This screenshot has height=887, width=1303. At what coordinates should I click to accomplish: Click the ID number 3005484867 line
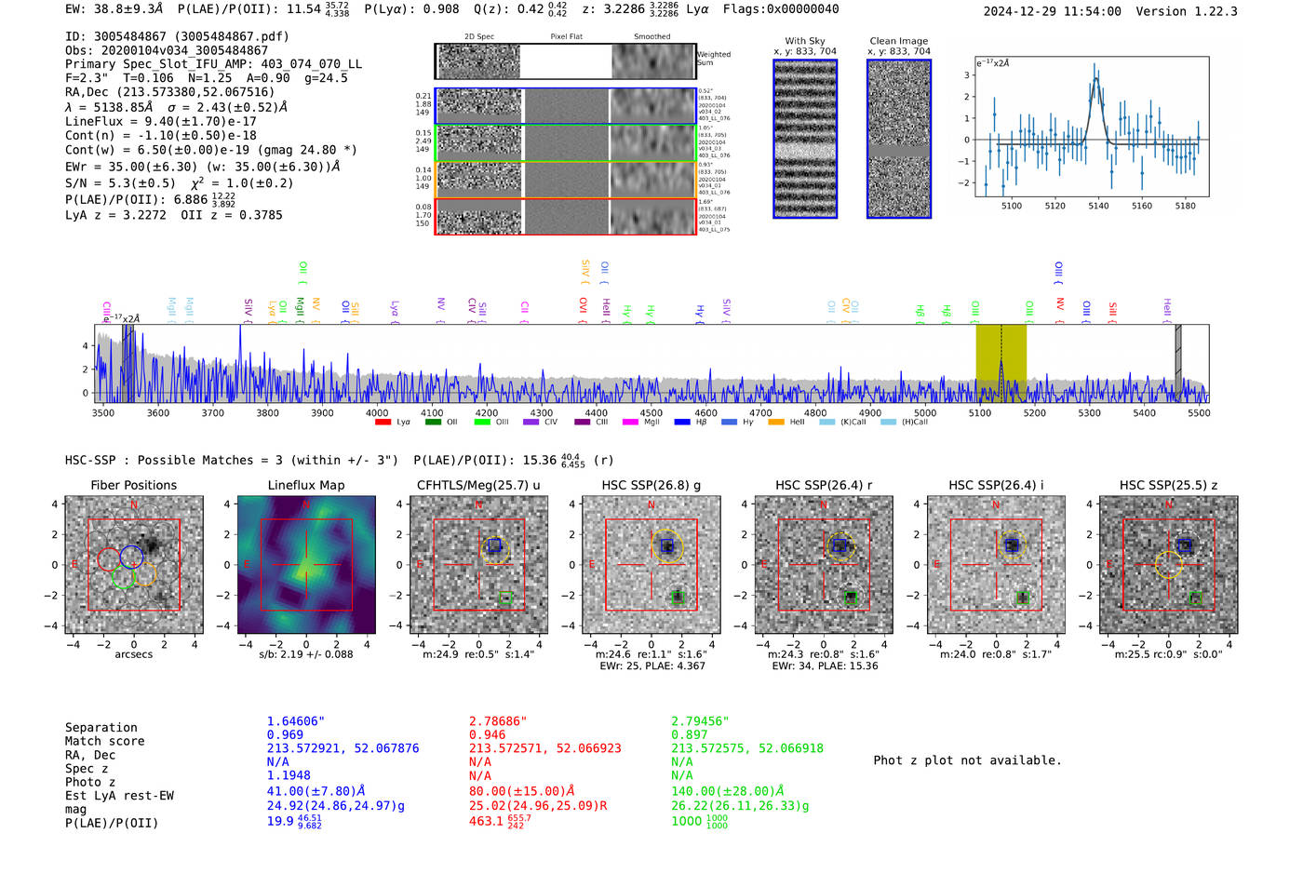177,36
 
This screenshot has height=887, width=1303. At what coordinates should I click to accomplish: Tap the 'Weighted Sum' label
713,59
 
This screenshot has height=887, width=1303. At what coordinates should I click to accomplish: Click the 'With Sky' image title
804,41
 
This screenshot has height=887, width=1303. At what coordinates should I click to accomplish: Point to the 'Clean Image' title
898,41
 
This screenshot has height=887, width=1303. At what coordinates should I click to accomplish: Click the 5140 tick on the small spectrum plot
1098,206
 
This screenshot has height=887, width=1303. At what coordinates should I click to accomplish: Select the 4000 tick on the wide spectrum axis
377,412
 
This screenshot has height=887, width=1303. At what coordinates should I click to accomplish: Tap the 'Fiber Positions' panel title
133,485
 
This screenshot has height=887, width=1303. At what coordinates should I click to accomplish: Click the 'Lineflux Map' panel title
305,485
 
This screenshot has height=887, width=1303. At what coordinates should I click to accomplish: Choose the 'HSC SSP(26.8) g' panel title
651,485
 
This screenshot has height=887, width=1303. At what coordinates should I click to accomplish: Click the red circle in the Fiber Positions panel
109,558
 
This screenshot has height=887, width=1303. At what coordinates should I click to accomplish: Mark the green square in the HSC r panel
851,598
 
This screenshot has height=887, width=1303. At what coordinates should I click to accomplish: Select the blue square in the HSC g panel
666,545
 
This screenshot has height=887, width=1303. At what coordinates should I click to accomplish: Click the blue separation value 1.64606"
295,721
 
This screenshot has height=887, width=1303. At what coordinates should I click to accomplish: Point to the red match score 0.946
488,734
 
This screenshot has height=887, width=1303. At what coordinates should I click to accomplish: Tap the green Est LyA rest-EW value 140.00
727,791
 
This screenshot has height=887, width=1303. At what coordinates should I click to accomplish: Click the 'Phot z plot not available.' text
967,760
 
